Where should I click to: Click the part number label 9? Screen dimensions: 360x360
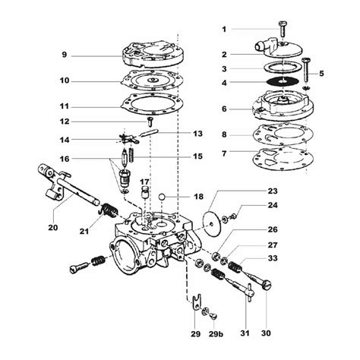pyautogui.click(x=65, y=54)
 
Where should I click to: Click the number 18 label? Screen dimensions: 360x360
pyautogui.click(x=199, y=197)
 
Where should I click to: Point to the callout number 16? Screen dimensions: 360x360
pyautogui.click(x=65, y=158)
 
